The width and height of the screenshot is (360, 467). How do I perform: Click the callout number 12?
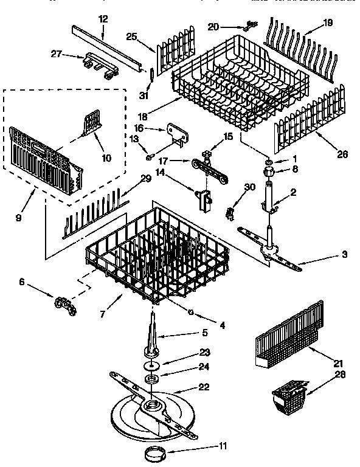tap(103, 19)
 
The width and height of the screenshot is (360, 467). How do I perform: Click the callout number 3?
tap(345, 254)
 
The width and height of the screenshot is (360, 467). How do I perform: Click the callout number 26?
tap(343, 155)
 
